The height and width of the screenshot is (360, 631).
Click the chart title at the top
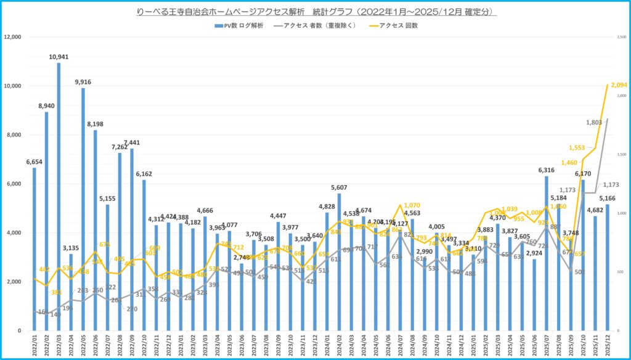315,12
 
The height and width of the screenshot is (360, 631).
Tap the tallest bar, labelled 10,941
59,197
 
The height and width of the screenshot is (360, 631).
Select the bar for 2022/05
83,210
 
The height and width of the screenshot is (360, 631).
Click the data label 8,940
46,105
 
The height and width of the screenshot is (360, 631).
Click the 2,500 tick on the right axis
622,37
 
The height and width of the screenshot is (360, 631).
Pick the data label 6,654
34,162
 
